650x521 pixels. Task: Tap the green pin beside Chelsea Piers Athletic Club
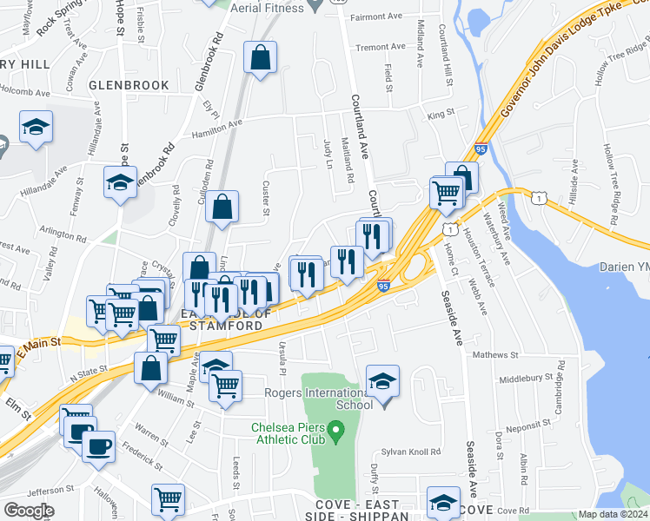[341, 430]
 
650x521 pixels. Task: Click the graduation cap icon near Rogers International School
[382, 382]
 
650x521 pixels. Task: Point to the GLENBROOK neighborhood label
[128, 84]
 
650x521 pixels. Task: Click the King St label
[441, 114]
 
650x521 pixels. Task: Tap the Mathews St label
[494, 354]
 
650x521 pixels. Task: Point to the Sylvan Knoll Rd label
[411, 452]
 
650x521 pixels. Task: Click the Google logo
[29, 510]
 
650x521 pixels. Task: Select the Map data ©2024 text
[614, 514]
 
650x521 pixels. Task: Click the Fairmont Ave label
[377, 16]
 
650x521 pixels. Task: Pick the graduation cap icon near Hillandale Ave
[120, 183]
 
